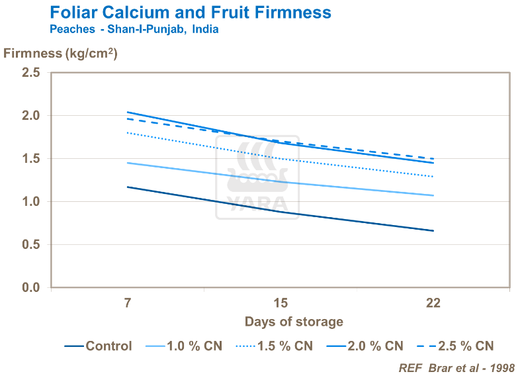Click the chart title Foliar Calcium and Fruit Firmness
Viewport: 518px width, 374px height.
pos(191,13)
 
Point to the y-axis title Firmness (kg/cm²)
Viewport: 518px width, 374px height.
pos(60,54)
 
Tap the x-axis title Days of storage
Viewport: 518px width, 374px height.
pos(294,322)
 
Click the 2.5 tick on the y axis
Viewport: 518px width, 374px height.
pos(31,73)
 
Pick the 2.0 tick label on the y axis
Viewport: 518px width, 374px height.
pos(31,116)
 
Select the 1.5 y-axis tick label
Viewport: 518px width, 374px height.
pos(31,159)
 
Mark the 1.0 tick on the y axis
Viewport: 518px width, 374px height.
pos(31,202)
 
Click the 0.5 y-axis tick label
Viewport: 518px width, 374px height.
pos(31,245)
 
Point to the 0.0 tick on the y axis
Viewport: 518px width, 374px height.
pos(31,288)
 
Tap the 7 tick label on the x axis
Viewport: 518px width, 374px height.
pos(128,304)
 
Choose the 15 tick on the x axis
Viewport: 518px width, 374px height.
pos(281,304)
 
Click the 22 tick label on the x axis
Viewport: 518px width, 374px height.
pos(433,304)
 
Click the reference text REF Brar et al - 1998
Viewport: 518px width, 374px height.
pos(456,367)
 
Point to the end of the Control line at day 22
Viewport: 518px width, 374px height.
pos(433,231)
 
